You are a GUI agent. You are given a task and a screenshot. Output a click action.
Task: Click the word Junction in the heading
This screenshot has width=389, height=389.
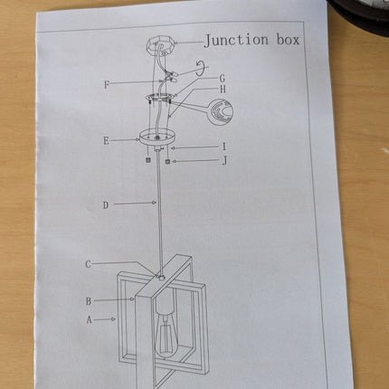point(236,41)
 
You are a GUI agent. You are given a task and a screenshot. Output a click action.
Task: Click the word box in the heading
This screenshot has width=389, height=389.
point(288,40)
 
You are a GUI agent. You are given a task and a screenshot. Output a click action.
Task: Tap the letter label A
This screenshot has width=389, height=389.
point(89,319)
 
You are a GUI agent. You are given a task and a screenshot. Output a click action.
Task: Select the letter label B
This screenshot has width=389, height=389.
point(89,301)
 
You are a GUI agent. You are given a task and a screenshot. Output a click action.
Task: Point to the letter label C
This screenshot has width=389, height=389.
point(88,264)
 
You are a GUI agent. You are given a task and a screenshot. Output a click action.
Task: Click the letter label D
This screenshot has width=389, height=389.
point(106,205)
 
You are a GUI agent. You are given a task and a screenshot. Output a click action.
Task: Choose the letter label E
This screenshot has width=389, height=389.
point(106,141)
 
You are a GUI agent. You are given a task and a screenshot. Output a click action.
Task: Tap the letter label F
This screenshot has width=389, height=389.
point(107,85)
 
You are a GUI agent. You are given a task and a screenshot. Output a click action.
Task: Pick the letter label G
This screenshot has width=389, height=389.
point(223,79)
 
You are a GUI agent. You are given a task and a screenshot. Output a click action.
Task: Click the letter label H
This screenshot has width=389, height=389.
point(223,90)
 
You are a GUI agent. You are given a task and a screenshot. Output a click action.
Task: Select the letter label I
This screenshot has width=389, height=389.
point(223,147)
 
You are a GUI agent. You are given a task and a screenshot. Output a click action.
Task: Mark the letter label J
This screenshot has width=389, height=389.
point(224,161)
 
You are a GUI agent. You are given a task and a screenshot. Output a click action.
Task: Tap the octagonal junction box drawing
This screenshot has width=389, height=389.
point(160,46)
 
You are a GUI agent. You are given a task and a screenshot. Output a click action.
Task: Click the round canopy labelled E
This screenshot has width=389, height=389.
point(157,138)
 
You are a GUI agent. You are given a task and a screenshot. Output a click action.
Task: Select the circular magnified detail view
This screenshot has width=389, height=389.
point(223,112)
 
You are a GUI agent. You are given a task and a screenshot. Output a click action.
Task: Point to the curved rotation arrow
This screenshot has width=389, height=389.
point(202,68)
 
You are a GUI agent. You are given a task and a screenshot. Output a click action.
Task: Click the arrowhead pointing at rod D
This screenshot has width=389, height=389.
point(155,203)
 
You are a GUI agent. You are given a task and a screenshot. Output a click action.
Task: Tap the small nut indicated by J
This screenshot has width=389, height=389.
point(168,161)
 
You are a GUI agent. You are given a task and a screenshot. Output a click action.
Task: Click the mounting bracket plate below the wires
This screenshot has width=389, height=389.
point(159,97)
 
